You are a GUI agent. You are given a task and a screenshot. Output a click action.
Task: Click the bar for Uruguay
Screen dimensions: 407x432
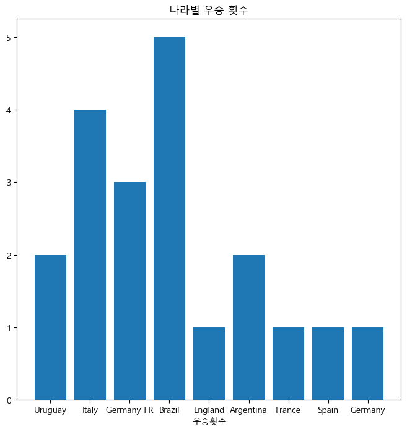click(x=50, y=327)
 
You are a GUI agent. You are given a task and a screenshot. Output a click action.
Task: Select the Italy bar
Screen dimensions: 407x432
click(x=90, y=254)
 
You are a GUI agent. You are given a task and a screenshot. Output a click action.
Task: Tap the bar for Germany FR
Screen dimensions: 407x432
click(x=129, y=291)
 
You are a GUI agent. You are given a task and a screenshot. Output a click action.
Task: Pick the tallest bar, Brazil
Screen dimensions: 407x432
click(x=169, y=218)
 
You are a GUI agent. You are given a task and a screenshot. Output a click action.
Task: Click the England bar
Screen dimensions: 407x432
click(x=209, y=364)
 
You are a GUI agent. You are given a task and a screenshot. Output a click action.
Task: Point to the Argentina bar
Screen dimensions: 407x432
click(x=249, y=327)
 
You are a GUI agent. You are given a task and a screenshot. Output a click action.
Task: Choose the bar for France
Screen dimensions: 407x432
click(x=289, y=364)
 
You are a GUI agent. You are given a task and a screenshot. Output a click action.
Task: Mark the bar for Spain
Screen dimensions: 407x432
click(x=328, y=364)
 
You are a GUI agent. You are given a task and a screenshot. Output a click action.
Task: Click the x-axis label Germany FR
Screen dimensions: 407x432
click(x=129, y=410)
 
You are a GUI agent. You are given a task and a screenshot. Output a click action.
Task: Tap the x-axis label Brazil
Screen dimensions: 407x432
click(x=169, y=410)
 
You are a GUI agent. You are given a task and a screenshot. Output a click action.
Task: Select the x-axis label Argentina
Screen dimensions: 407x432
click(x=248, y=410)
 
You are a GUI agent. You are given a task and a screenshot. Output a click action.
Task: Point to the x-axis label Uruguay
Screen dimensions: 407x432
click(x=50, y=410)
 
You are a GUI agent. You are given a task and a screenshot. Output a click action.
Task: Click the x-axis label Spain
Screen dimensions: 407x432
click(x=328, y=410)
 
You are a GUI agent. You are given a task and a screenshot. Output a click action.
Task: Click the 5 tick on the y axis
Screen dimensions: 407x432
click(x=9, y=38)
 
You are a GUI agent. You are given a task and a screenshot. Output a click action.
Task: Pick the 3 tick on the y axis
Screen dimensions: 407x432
click(x=9, y=183)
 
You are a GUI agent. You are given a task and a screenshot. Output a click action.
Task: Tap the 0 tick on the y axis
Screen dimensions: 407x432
click(x=9, y=400)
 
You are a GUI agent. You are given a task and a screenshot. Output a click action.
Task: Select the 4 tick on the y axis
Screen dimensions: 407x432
click(x=9, y=110)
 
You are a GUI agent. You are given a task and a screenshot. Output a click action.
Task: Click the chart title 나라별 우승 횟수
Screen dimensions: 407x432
click(x=209, y=10)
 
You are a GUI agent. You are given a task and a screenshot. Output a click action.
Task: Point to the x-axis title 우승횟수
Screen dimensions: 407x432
click(x=209, y=421)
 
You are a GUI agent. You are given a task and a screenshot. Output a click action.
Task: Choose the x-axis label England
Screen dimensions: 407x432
click(x=209, y=410)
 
